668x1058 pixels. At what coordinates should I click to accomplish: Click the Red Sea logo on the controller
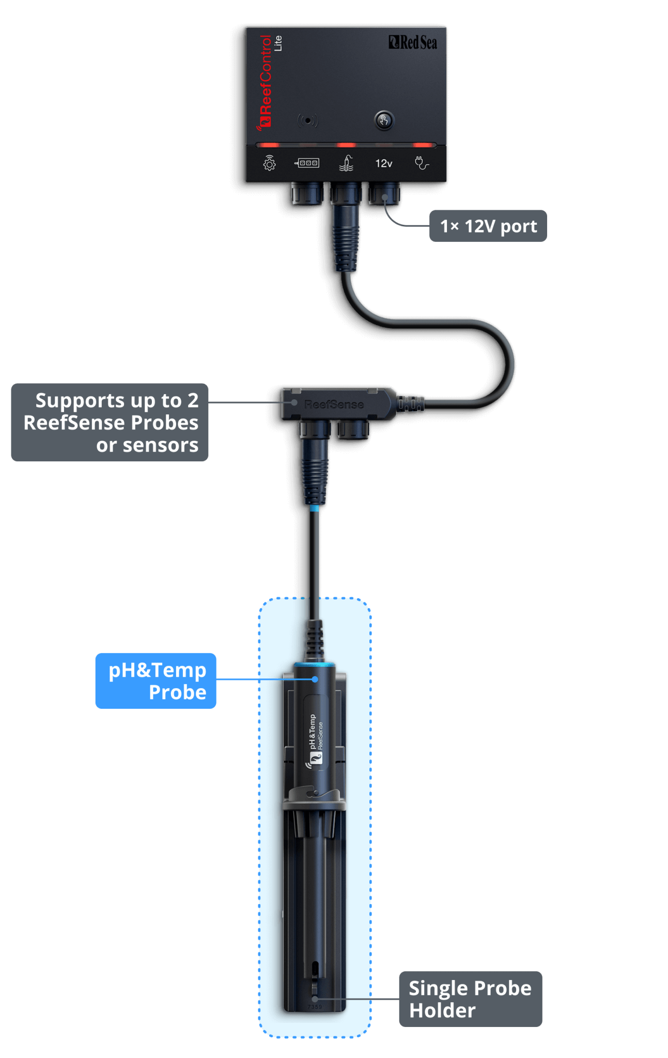[413, 42]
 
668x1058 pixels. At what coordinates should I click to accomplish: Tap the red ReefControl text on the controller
[265, 82]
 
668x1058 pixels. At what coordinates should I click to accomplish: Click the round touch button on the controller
[383, 121]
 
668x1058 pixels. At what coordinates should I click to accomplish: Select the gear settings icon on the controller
[269, 164]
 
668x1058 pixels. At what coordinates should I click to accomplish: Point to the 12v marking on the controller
[383, 164]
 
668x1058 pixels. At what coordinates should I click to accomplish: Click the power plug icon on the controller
[422, 163]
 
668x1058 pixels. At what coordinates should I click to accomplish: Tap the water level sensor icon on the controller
[346, 163]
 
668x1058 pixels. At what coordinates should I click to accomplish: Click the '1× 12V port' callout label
[488, 226]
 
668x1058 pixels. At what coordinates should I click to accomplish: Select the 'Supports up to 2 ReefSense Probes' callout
[110, 423]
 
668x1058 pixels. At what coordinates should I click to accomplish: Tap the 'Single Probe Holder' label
[470, 999]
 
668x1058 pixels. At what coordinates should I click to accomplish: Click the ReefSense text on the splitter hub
[334, 404]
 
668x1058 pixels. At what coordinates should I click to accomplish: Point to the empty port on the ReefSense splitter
[353, 429]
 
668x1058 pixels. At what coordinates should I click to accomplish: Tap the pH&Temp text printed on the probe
[312, 732]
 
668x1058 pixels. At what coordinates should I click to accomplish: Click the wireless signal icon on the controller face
[308, 121]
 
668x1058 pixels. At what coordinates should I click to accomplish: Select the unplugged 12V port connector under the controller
[384, 194]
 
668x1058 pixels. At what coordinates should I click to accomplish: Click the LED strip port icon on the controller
[307, 164]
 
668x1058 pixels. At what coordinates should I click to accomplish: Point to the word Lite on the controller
[278, 43]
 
